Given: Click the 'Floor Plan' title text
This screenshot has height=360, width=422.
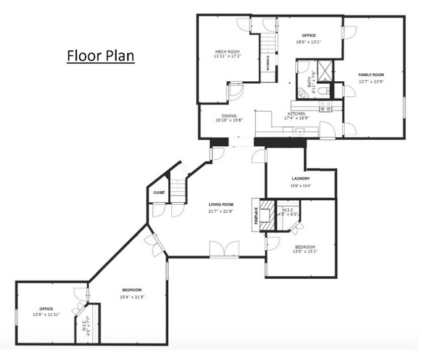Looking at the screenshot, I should (101, 56).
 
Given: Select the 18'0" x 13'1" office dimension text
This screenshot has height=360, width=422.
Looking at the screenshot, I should (309, 42).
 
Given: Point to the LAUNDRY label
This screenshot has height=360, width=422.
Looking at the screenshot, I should (300, 178).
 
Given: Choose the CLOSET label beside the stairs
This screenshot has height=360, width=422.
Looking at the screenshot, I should (159, 193).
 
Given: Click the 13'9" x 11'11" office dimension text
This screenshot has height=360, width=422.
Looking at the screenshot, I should (46, 315).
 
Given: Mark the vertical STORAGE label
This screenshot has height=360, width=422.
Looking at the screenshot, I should (269, 63).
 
